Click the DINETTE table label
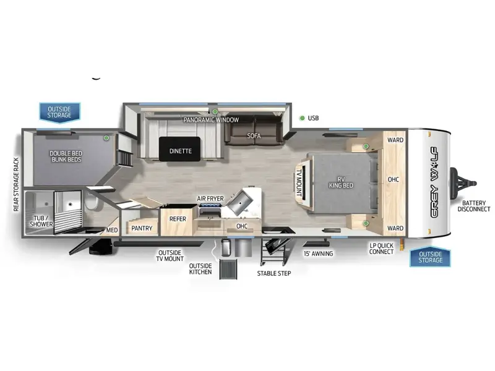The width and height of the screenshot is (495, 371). [x=180, y=151]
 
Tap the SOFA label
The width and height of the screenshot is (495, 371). [x=254, y=135]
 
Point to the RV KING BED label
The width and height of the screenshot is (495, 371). [x=341, y=182]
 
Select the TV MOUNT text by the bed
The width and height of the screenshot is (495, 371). [x=299, y=182]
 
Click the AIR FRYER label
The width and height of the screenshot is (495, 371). [x=210, y=198]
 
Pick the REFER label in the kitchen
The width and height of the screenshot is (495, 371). [x=178, y=219]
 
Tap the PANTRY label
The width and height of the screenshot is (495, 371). [x=142, y=228]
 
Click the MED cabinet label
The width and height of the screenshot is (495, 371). [x=112, y=230]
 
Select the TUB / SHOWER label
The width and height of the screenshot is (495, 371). [x=41, y=221]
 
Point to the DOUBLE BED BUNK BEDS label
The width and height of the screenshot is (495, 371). [x=66, y=156]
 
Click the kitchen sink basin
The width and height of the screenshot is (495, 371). [x=240, y=202]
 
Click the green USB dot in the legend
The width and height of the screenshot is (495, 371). [x=302, y=118]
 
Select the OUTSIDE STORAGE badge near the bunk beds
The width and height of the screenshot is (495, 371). [x=59, y=112]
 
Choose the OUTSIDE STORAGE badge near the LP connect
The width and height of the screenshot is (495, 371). [x=430, y=257]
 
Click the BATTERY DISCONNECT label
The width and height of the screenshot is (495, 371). [x=474, y=206]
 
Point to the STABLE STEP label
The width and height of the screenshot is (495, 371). [x=274, y=273]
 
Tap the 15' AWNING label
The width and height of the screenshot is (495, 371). [x=318, y=254]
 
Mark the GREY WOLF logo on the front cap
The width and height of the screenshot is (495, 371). [x=434, y=182]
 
